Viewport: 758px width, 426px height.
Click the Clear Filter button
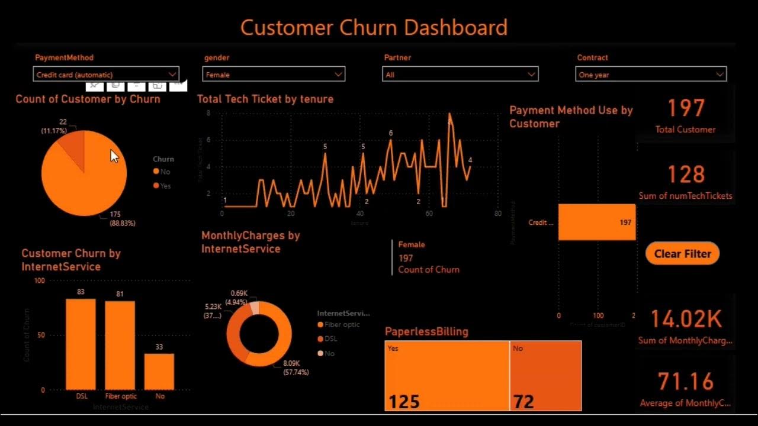coord(682,254)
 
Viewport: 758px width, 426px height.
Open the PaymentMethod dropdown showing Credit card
coord(106,75)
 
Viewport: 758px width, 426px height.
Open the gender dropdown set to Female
coord(274,75)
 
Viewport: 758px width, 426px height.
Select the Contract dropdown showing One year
coord(650,75)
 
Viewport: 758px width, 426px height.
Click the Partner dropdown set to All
coord(460,75)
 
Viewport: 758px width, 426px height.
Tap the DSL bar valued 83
coord(81,344)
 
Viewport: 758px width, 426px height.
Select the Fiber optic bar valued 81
coord(120,345)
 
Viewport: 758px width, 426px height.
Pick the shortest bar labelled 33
coord(159,372)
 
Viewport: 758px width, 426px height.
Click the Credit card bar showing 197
coord(596,222)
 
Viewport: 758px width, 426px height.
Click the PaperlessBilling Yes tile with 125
coord(447,376)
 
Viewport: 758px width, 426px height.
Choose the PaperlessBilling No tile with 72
coord(545,376)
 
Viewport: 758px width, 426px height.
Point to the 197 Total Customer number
coord(686,109)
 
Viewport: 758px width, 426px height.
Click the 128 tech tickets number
coord(686,175)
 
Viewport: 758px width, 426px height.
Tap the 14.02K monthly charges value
coord(686,319)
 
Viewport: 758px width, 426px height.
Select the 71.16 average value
coord(686,382)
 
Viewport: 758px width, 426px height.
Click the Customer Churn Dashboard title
coord(374,28)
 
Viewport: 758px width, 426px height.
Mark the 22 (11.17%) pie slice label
coord(54,126)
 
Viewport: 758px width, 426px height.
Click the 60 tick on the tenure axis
coord(429,214)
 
